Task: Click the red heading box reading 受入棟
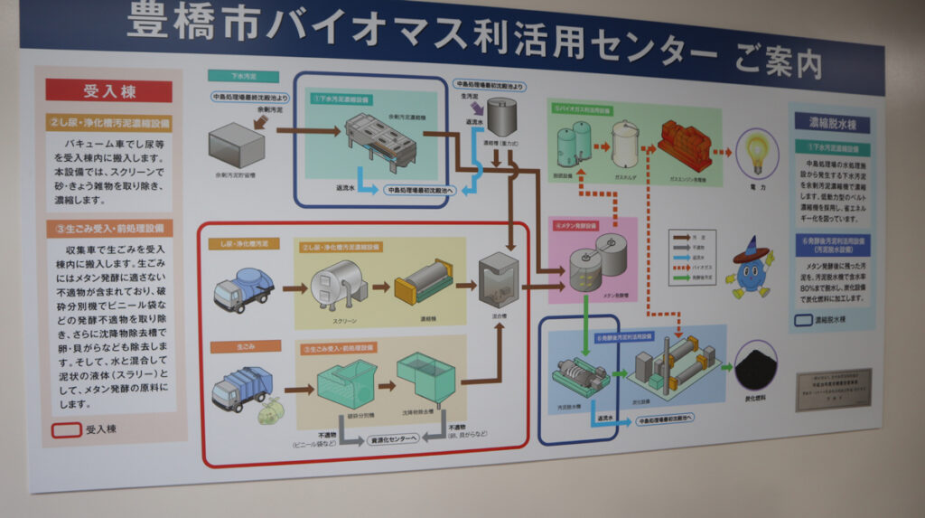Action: tap(109, 91)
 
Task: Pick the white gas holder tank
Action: tap(625, 142)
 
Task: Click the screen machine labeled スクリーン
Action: tap(335, 284)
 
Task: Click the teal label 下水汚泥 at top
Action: tap(229, 76)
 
